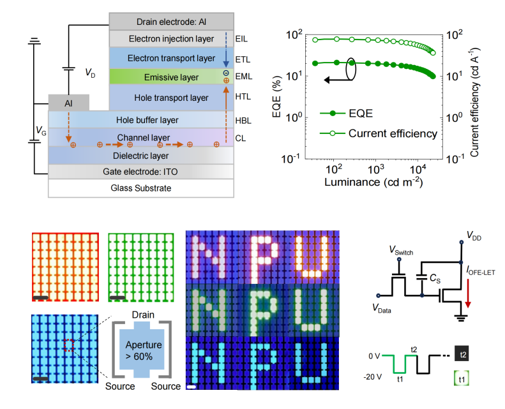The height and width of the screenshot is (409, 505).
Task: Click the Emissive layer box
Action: (162, 77)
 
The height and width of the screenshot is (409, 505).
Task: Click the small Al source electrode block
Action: (69, 102)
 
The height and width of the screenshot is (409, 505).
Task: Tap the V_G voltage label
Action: (41, 132)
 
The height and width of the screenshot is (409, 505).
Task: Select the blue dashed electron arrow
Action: (225, 51)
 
